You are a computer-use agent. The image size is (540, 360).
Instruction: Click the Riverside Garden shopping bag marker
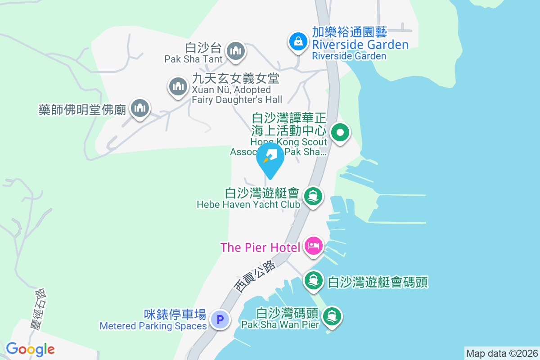point(298,42)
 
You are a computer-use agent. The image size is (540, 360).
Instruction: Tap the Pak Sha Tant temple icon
point(235,51)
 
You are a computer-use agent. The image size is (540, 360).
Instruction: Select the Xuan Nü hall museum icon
point(178,85)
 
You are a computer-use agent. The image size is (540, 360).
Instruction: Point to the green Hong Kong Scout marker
point(340,133)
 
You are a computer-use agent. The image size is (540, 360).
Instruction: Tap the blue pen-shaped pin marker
point(270,158)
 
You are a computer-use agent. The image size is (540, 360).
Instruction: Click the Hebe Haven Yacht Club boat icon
point(313,197)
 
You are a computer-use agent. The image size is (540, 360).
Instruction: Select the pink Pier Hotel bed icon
point(313,246)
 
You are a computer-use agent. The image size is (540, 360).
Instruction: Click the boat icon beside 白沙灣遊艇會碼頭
point(313,281)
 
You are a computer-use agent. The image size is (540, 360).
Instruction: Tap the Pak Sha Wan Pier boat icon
point(332,316)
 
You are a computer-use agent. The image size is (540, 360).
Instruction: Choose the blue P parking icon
point(220,320)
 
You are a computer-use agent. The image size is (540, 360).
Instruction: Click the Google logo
point(30,349)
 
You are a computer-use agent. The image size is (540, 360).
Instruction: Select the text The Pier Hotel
point(260,247)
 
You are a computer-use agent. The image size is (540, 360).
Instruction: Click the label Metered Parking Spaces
point(153,326)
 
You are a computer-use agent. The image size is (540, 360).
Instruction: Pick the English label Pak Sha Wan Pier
point(280,324)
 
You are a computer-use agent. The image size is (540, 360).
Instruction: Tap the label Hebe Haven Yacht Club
point(248,204)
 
